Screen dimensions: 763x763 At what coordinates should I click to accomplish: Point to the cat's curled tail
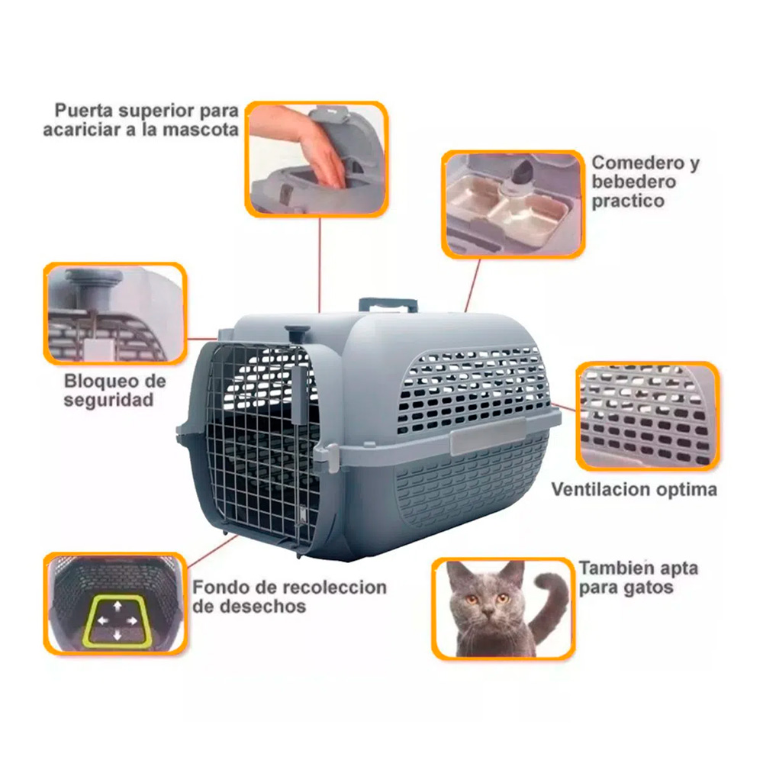[x=550, y=604]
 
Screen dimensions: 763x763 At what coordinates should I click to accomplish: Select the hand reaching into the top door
[x=311, y=146]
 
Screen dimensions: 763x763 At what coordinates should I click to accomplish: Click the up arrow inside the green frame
[x=118, y=606]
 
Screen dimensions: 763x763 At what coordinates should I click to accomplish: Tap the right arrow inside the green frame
[x=132, y=621]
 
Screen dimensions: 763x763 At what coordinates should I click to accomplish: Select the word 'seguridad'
[x=108, y=400]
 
